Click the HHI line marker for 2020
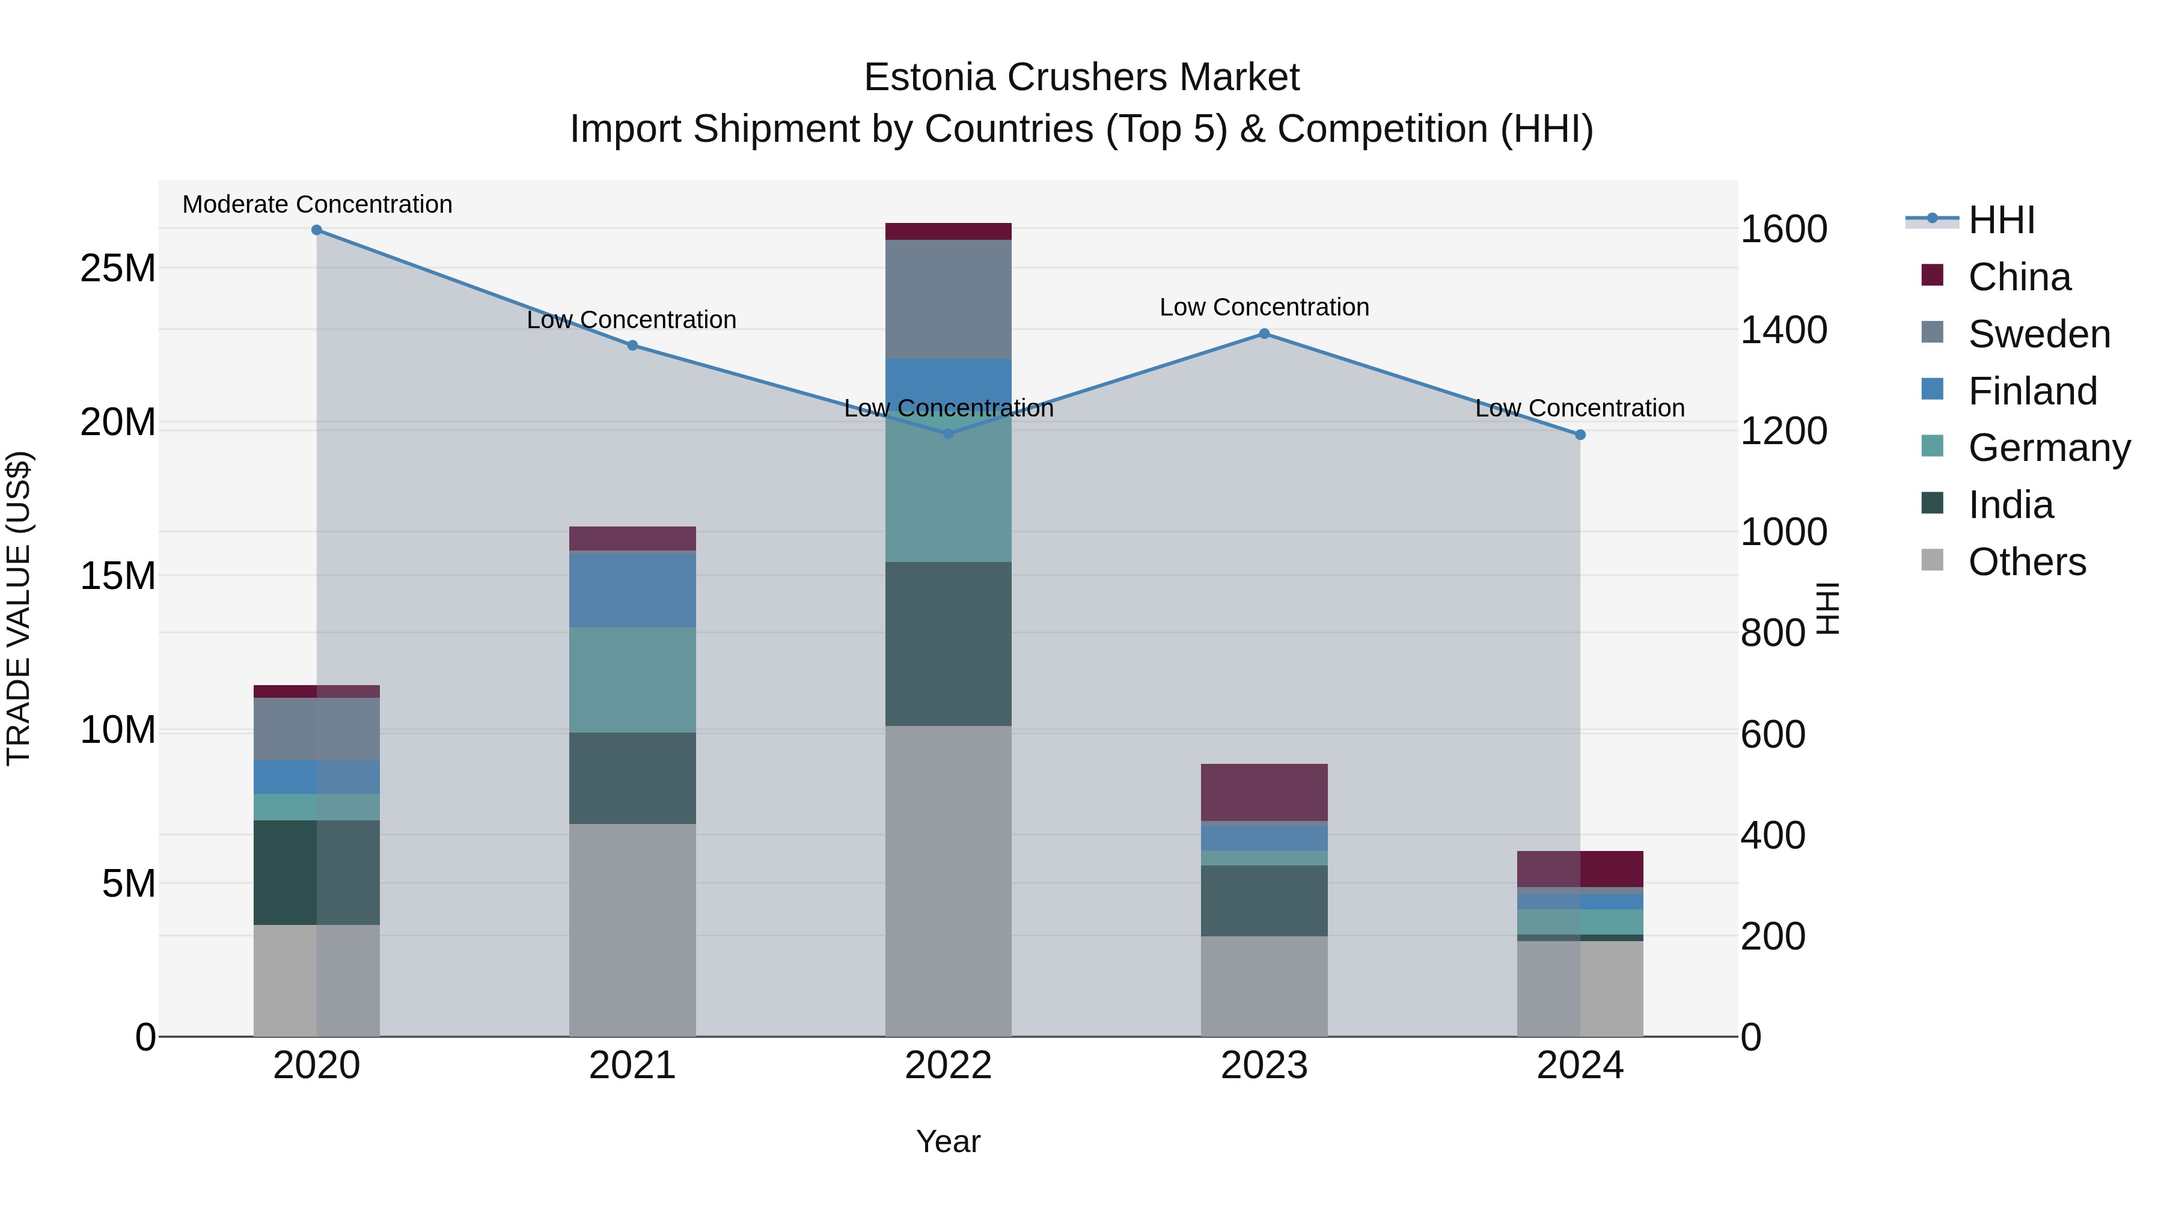(x=317, y=230)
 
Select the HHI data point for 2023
(x=1264, y=334)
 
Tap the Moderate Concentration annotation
(x=317, y=204)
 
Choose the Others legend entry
(x=2026, y=562)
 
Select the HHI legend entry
(x=2001, y=220)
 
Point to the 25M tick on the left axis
(x=118, y=269)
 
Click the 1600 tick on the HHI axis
(x=1783, y=230)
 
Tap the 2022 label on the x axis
(x=949, y=1066)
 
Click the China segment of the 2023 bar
(x=1264, y=792)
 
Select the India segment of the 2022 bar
(x=949, y=643)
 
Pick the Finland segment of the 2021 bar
(x=632, y=590)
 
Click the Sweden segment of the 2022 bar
(x=949, y=299)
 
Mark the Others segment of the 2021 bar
(x=632, y=930)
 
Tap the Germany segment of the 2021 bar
(x=632, y=680)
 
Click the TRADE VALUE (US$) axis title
(x=19, y=608)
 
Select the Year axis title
(x=949, y=1141)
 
